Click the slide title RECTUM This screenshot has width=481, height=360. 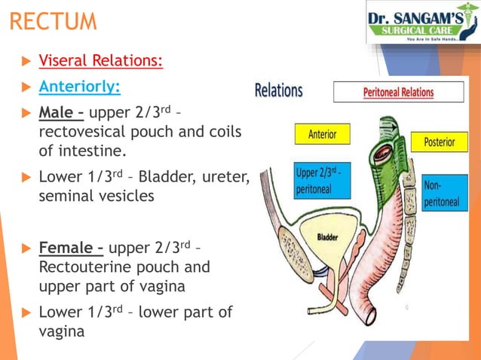[x=54, y=20]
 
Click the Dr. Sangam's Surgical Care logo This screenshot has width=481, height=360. [x=422, y=23]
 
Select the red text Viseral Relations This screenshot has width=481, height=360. [x=100, y=60]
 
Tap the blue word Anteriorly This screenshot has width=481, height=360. [x=79, y=87]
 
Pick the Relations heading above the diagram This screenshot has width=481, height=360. [x=278, y=91]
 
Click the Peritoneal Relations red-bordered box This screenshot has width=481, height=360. [x=398, y=93]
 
